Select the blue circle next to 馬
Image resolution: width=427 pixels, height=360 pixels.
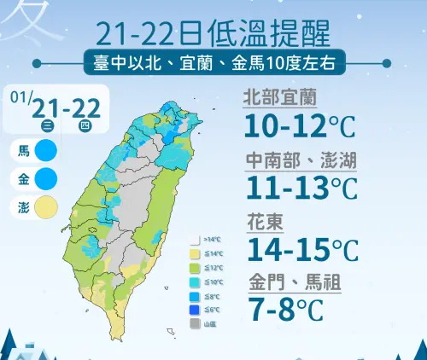[x=46, y=152]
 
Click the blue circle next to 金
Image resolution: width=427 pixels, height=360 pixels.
[x=46, y=179]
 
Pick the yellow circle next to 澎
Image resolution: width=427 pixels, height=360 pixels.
[x=46, y=207]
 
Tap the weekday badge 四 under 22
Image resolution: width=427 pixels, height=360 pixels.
[x=84, y=125]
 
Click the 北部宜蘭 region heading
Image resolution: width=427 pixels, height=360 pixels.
[x=276, y=96]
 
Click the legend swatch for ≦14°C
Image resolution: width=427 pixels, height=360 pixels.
[x=194, y=254]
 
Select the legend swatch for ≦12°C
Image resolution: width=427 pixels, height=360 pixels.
[x=194, y=268]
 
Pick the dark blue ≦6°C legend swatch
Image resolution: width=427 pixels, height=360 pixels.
[x=194, y=310]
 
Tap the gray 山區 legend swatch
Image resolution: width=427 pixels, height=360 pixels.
[x=194, y=324]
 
